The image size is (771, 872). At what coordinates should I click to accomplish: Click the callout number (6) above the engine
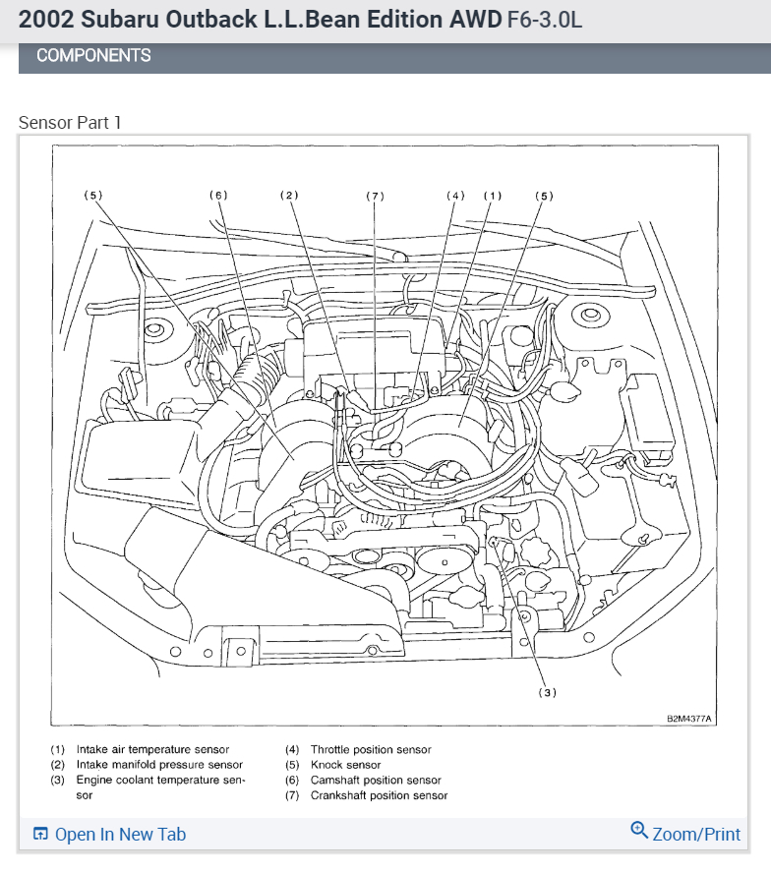point(218,196)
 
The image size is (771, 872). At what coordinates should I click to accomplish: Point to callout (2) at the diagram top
point(288,196)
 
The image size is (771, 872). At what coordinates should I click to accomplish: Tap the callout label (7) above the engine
point(375,197)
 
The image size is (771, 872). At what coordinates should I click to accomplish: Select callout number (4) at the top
point(455,196)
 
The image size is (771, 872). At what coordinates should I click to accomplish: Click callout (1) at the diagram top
point(492,196)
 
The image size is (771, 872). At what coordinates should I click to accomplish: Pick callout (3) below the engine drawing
point(547,692)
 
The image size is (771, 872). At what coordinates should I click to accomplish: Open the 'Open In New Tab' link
point(120,835)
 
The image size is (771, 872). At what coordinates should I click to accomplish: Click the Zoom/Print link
point(696,834)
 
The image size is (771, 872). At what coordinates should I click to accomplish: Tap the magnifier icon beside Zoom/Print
point(639,832)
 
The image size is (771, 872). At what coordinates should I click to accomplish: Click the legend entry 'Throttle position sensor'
point(371,750)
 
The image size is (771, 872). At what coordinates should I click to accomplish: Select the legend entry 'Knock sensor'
point(345,765)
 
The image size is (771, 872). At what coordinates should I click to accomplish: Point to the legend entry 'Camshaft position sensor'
point(376,781)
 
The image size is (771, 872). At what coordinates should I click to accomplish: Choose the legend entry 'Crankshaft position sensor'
point(379,795)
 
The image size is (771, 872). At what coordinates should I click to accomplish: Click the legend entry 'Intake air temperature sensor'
point(152,750)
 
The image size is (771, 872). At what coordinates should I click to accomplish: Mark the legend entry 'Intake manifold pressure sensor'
point(159,765)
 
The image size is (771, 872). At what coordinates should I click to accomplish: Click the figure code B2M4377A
point(689,720)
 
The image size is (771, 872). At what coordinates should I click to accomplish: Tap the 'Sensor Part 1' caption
point(70,123)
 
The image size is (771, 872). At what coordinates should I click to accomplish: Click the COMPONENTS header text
point(93,56)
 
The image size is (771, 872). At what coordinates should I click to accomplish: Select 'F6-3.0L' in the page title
point(545,20)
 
